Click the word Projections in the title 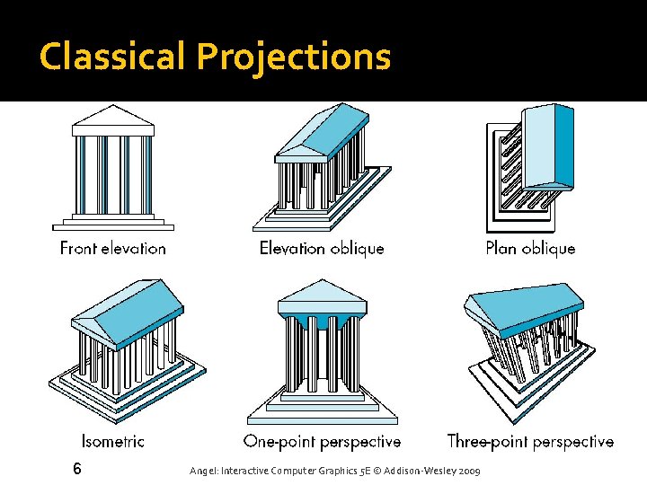point(294,57)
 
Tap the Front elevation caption point(113,248)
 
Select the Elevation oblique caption point(321,248)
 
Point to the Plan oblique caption point(530,248)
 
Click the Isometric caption point(113,441)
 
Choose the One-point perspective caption point(322,441)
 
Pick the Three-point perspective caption point(530,441)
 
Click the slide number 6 point(77,468)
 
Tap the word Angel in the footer point(203,471)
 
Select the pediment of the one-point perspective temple point(322,293)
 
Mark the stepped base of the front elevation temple point(113,221)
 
